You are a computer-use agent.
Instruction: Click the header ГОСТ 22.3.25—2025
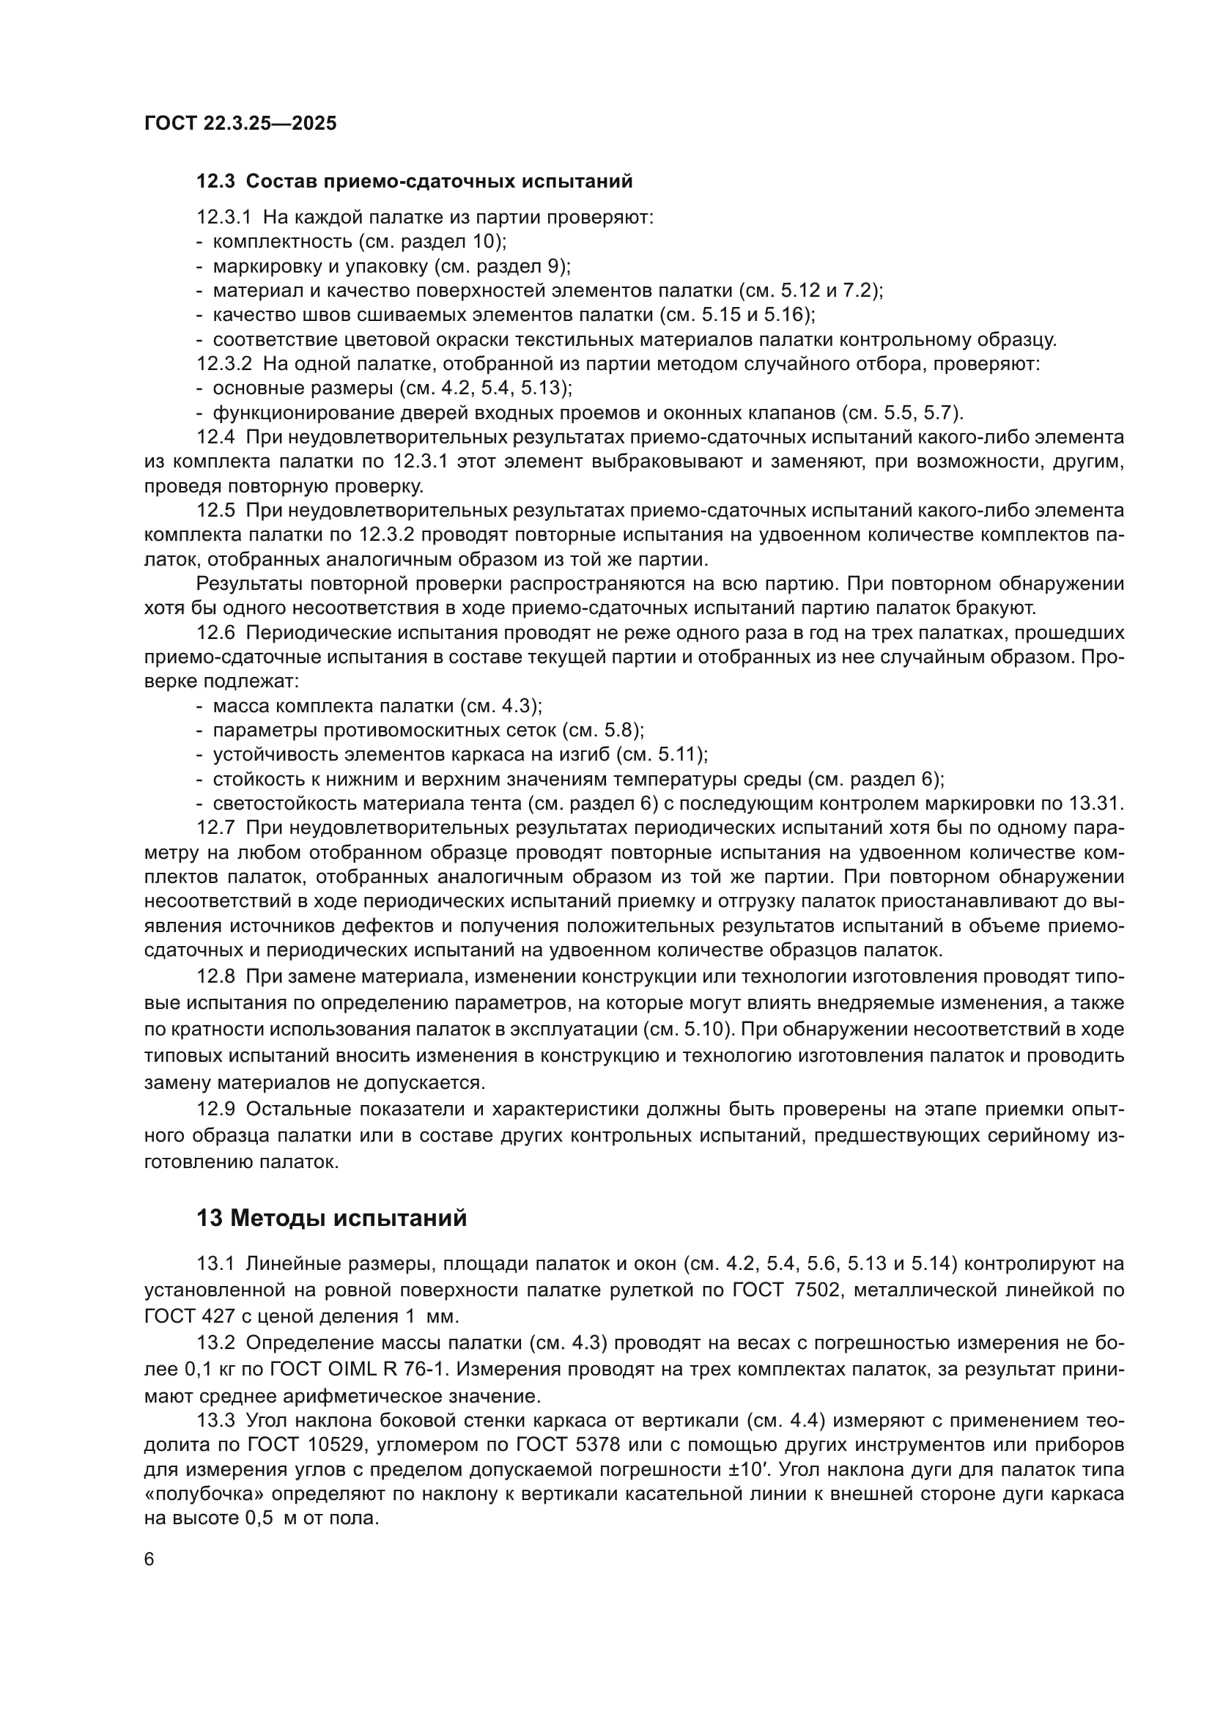[x=240, y=123]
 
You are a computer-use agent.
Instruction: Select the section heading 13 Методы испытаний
[x=331, y=1219]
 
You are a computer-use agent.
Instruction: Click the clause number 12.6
[x=215, y=633]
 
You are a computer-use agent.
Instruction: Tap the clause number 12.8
[x=215, y=975]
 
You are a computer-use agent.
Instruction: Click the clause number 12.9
[x=215, y=1109]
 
